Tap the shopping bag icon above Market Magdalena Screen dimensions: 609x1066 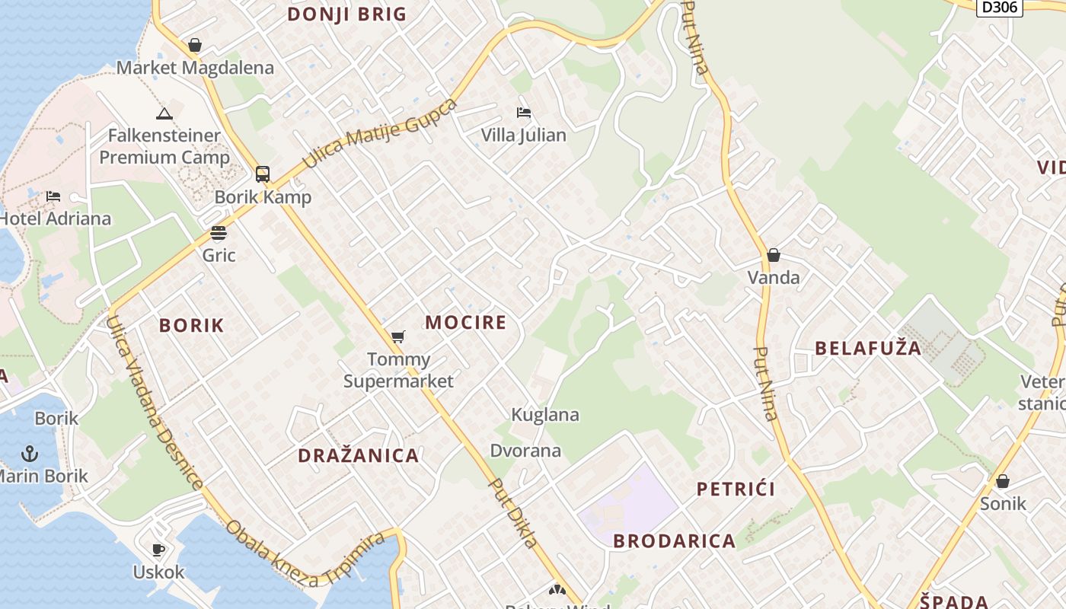point(195,45)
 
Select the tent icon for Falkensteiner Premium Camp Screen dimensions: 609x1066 point(164,114)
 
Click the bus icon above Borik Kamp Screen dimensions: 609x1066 point(263,174)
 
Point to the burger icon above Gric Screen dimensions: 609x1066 point(219,233)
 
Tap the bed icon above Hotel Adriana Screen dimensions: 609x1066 point(53,196)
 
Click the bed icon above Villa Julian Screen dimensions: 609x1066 point(524,113)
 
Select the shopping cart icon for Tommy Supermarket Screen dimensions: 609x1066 point(397,336)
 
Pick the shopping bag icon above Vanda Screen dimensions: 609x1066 point(774,255)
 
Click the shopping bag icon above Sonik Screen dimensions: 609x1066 point(1003,481)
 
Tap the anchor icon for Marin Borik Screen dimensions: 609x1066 point(29,454)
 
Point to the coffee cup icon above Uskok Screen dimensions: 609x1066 point(158,550)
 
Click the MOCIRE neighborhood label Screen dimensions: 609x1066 point(465,322)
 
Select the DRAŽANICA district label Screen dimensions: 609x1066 point(358,456)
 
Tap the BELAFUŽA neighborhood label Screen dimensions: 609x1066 point(868,349)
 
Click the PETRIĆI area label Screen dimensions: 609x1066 point(736,489)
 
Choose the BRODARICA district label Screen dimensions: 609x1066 point(674,541)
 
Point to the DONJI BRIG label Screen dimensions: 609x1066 point(346,14)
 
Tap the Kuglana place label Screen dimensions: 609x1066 point(544,415)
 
